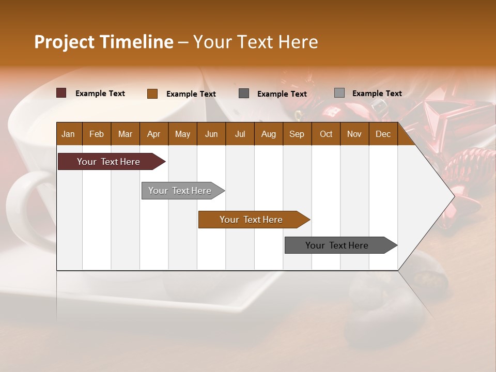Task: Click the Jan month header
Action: coord(68,134)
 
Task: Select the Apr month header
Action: coord(153,134)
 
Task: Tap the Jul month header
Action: coord(240,134)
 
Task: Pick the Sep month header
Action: coord(297,134)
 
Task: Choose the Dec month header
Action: coord(383,134)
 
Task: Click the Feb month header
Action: coord(97,134)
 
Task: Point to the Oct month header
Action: coord(326,134)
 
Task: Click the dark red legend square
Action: coord(61,93)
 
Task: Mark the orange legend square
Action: coord(152,94)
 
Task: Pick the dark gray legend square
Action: coord(244,93)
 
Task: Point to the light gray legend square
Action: coord(339,92)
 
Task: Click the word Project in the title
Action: coord(64,42)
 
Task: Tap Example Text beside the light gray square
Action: coord(377,94)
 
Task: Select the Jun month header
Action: coord(211,134)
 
